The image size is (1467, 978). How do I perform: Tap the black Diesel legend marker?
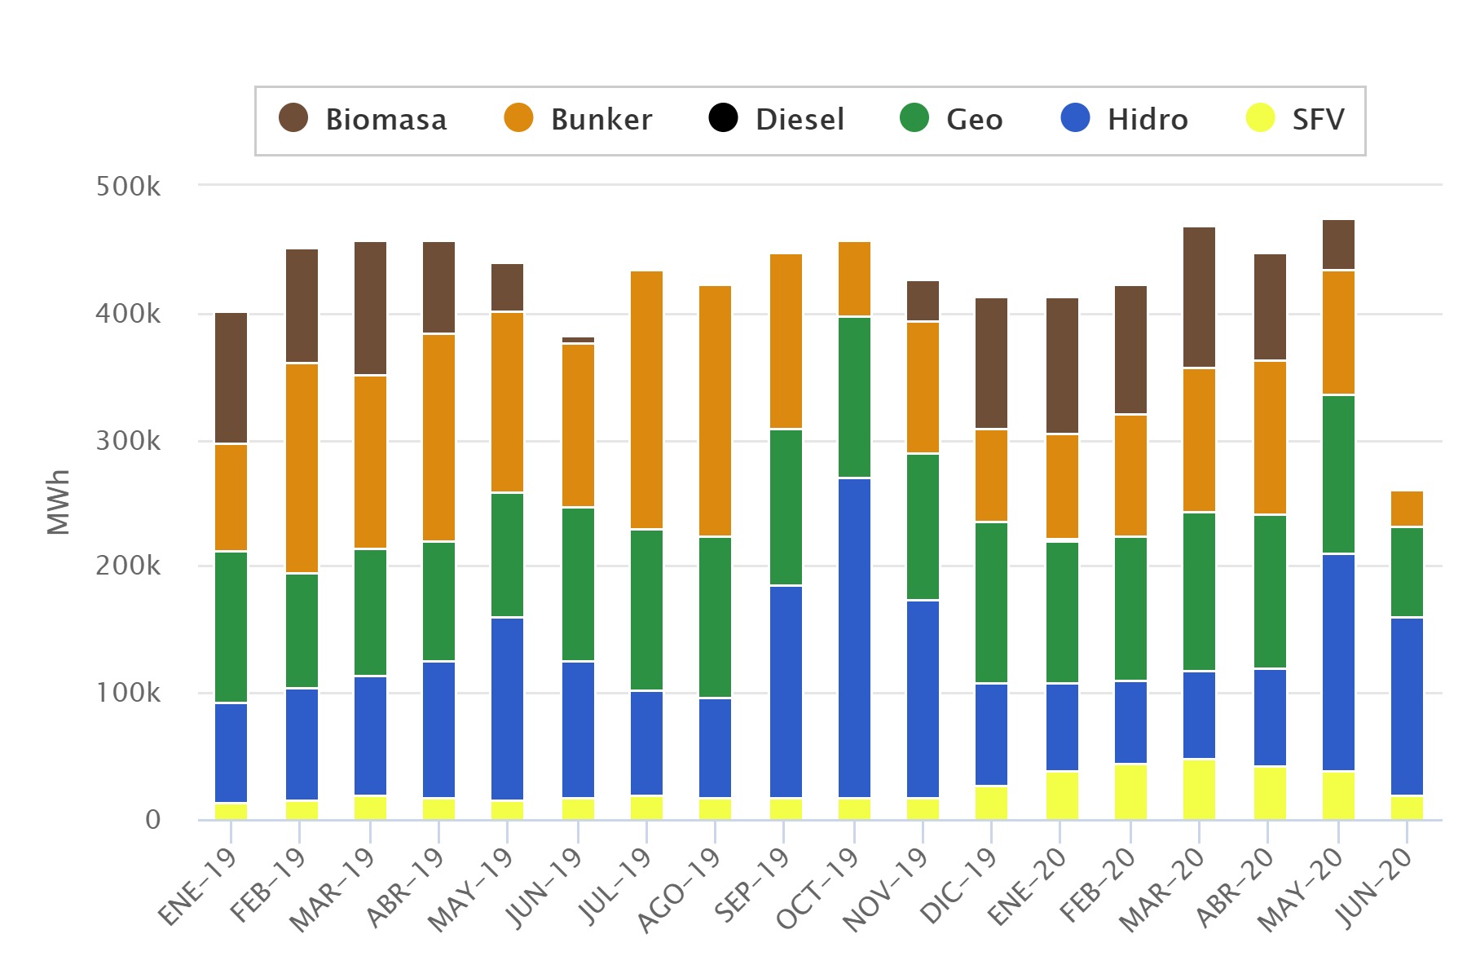pyautogui.click(x=723, y=118)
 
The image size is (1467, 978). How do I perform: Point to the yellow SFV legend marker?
pyautogui.click(x=1260, y=118)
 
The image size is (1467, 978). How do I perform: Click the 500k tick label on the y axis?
pyautogui.click(x=128, y=187)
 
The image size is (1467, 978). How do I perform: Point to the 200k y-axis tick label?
pyautogui.click(x=128, y=566)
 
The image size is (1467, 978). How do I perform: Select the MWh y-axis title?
pyautogui.click(x=59, y=502)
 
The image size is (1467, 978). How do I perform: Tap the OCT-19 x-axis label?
pyautogui.click(x=818, y=888)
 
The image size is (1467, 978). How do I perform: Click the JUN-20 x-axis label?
pyautogui.click(x=1373, y=888)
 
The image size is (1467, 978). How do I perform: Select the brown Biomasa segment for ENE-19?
pyautogui.click(x=231, y=378)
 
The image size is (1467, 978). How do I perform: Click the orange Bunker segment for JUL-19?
pyautogui.click(x=646, y=400)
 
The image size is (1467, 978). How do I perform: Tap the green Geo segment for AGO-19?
pyautogui.click(x=715, y=617)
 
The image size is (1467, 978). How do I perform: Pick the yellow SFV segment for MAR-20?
pyautogui.click(x=1199, y=789)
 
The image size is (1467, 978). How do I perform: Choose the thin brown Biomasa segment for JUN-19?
pyautogui.click(x=578, y=340)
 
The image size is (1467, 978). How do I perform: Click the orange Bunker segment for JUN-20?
pyautogui.click(x=1407, y=509)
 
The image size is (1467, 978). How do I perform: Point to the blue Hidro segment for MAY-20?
pyautogui.click(x=1338, y=662)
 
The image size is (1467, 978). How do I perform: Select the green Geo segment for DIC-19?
pyautogui.click(x=991, y=602)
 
